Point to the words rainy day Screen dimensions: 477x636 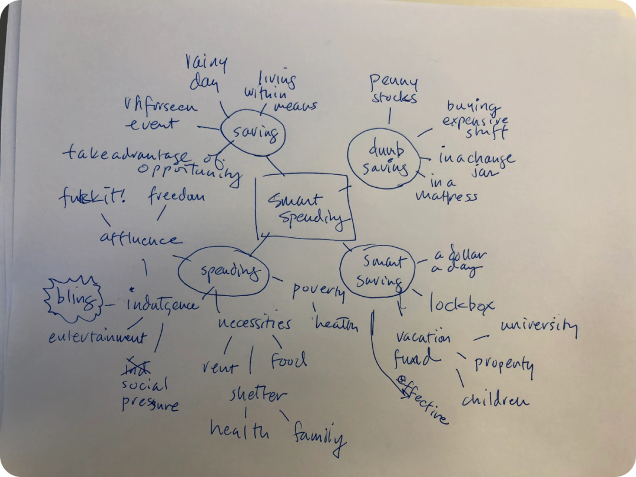(x=205, y=72)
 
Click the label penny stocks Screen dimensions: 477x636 (x=393, y=88)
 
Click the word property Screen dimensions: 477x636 (x=503, y=365)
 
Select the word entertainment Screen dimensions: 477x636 (x=97, y=337)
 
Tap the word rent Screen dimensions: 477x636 (x=219, y=367)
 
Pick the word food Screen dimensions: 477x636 (x=289, y=360)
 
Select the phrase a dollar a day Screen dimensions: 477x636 (x=459, y=263)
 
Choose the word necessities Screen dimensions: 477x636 (x=254, y=323)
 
